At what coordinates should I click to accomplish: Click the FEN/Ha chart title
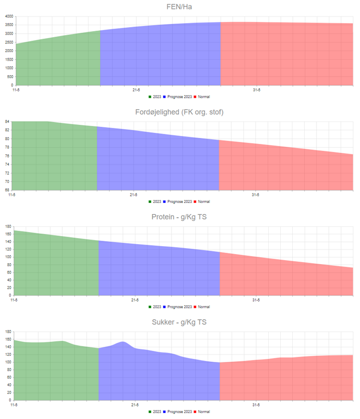click(x=180, y=7)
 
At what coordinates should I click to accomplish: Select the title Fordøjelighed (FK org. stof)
click(x=180, y=112)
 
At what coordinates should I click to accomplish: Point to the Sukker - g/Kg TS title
click(x=180, y=322)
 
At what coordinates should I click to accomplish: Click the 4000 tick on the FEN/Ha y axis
click(x=10, y=17)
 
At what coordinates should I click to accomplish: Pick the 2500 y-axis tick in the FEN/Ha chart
click(x=10, y=43)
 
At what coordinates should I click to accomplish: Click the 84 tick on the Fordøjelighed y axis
click(x=8, y=122)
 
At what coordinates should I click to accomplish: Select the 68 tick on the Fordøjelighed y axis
click(x=8, y=190)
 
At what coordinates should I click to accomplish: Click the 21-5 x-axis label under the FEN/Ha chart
click(x=135, y=90)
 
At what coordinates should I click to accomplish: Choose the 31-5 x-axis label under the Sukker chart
click(x=256, y=404)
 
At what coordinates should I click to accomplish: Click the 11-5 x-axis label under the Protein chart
click(x=14, y=300)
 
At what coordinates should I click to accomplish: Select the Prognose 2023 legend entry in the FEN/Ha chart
click(x=179, y=96)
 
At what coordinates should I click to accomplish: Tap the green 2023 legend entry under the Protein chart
click(x=156, y=307)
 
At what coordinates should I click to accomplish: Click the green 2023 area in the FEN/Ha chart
click(x=58, y=60)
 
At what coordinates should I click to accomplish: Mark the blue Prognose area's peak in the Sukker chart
click(x=123, y=342)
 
